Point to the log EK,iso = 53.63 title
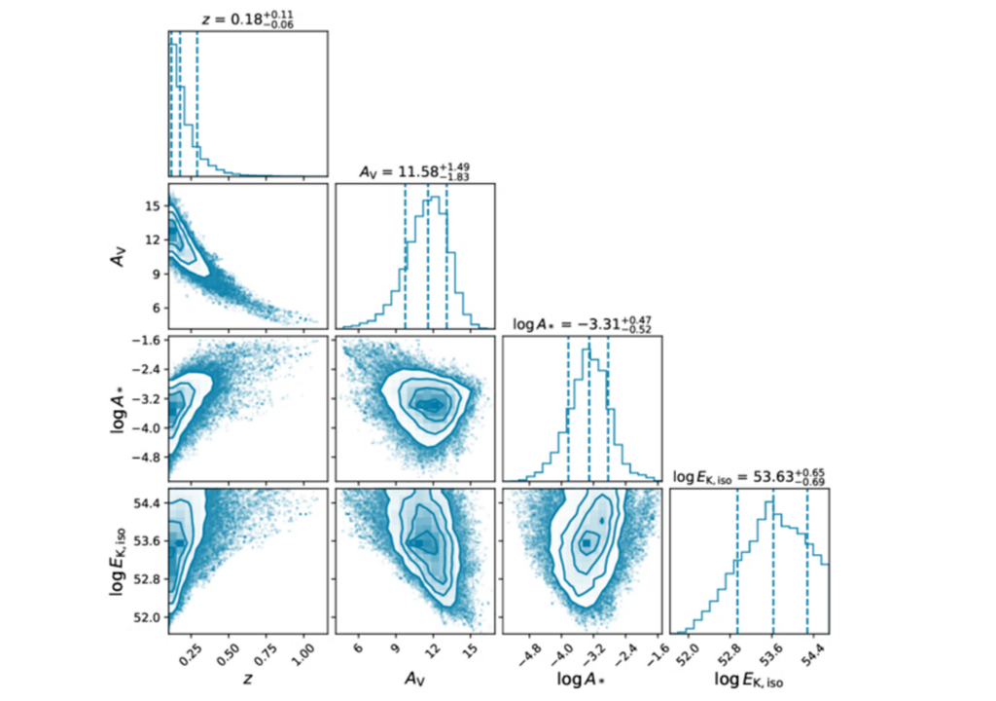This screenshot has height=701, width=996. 749,476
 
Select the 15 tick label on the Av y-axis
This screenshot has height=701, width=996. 152,206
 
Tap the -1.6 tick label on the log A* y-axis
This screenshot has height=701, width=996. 147,341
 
